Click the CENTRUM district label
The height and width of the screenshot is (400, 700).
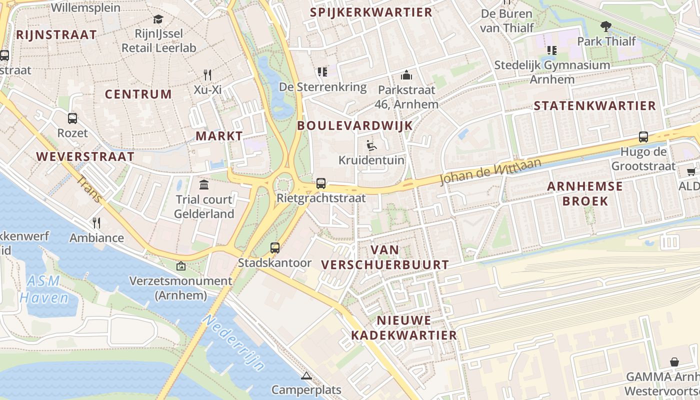point(138,94)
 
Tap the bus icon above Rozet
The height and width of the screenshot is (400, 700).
point(72,118)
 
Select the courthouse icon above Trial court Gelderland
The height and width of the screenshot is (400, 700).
point(204,185)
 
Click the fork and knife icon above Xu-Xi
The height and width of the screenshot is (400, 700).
point(207,75)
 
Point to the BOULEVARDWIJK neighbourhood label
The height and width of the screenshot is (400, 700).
point(355,125)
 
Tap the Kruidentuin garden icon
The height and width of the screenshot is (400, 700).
point(371,145)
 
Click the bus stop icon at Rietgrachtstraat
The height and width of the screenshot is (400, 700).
point(321,183)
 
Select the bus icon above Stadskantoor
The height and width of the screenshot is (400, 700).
point(274,247)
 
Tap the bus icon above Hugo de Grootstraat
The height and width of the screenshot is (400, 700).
point(643,136)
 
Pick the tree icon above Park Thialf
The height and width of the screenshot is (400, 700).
point(606,26)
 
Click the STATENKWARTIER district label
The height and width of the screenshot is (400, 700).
point(594,105)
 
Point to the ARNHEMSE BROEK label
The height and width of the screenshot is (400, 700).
point(585,193)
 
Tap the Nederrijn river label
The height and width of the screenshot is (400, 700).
point(234,343)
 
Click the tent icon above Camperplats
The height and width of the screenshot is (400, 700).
point(306,375)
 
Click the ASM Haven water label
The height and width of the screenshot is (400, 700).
point(44,289)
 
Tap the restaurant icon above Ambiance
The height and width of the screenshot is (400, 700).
point(96,222)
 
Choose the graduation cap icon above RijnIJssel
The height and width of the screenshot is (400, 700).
point(158,19)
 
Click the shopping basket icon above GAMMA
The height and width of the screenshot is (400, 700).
point(674,361)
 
